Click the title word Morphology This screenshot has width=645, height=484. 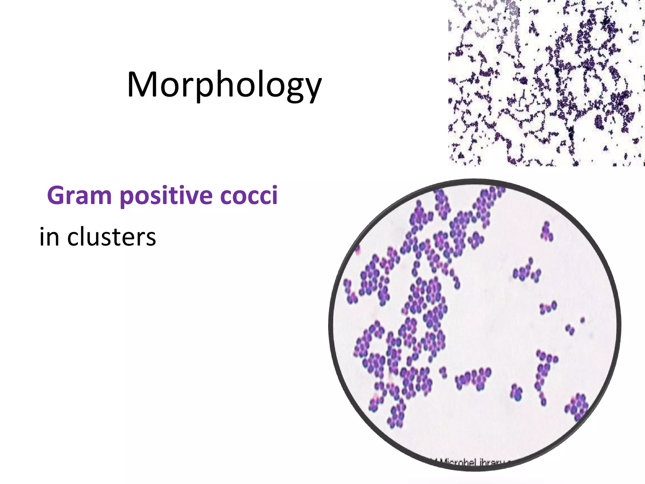[224, 84]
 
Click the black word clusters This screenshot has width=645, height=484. [111, 236]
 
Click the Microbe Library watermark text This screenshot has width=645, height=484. [472, 463]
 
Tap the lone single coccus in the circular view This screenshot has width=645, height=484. [582, 320]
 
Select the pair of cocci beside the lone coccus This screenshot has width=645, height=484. [570, 330]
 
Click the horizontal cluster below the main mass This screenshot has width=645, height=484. [473, 377]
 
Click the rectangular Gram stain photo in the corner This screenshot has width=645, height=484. [546, 83]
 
